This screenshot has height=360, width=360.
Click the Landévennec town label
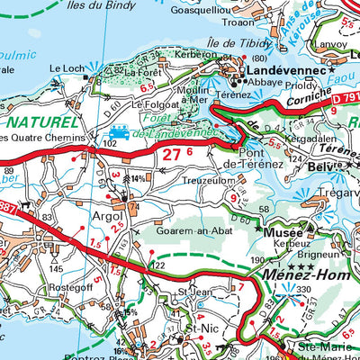tap(275, 69)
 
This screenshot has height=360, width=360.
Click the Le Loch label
tap(66, 67)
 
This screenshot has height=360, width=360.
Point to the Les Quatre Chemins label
tap(42, 137)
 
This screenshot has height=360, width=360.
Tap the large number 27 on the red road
tap(173, 154)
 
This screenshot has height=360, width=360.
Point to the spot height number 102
tap(112, 142)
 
